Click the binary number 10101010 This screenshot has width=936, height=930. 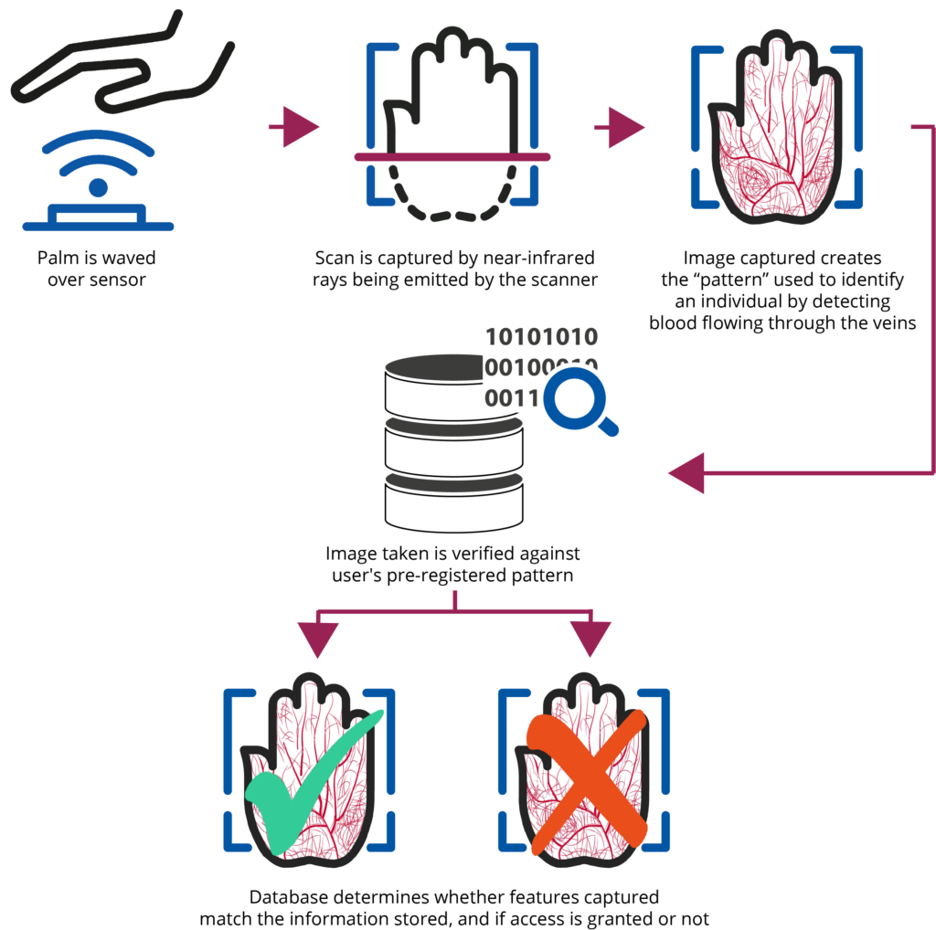coord(541,337)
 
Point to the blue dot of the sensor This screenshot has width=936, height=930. coord(98,187)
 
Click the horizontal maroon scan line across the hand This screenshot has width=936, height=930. coord(452,157)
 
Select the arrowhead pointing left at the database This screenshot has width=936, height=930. coord(686,473)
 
